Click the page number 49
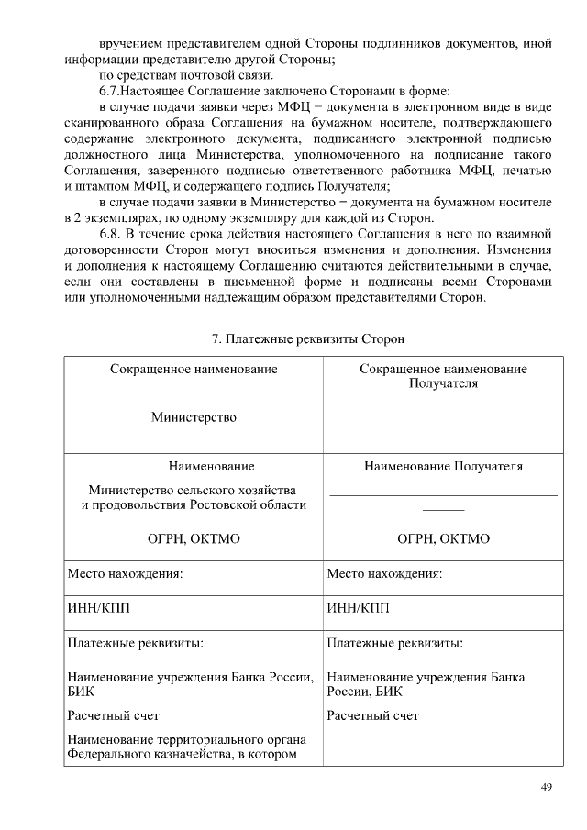pos(547,787)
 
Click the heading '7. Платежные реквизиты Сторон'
pos(307,338)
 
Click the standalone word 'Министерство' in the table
pos(194,417)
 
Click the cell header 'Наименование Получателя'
pos(443,467)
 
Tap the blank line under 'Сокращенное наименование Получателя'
pos(443,437)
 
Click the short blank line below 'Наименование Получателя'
pos(443,509)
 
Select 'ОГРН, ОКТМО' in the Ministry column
pos(194,538)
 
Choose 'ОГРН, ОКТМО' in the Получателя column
pos(443,538)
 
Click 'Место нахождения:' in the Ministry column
pos(125,574)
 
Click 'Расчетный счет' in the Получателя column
pos(372,715)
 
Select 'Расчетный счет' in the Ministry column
pos(114,715)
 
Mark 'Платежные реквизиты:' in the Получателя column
pos(394,643)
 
